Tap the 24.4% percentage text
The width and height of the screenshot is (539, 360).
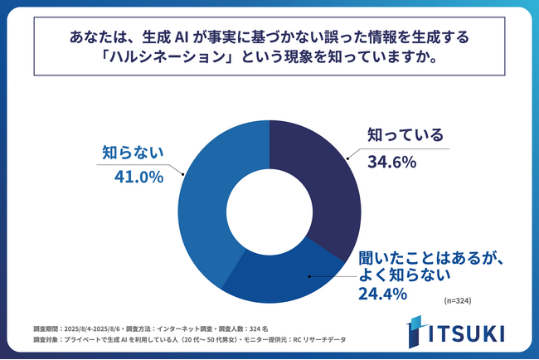click(381, 293)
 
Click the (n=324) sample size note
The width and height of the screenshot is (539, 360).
click(458, 300)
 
